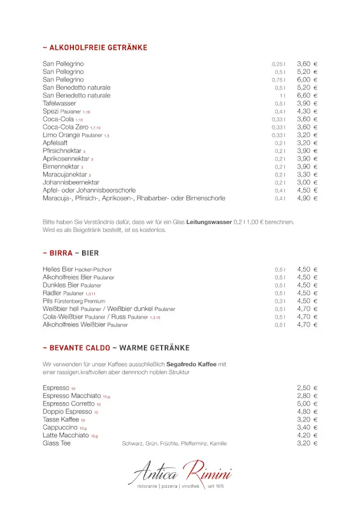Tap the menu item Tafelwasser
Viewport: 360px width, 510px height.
(x=59, y=103)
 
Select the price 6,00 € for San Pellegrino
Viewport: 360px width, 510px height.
(x=307, y=80)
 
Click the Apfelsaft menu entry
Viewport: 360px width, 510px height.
(x=55, y=143)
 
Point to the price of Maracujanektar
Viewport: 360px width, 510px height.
(x=307, y=174)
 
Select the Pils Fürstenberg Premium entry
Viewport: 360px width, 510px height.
(x=74, y=301)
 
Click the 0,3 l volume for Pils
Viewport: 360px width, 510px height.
(x=280, y=302)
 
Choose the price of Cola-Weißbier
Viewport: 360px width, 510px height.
(x=307, y=317)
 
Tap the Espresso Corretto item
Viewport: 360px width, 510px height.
(x=69, y=404)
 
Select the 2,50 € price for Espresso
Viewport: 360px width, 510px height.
(x=307, y=388)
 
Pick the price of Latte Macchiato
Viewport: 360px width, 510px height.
(x=307, y=435)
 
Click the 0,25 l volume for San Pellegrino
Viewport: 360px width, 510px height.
(x=278, y=64)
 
